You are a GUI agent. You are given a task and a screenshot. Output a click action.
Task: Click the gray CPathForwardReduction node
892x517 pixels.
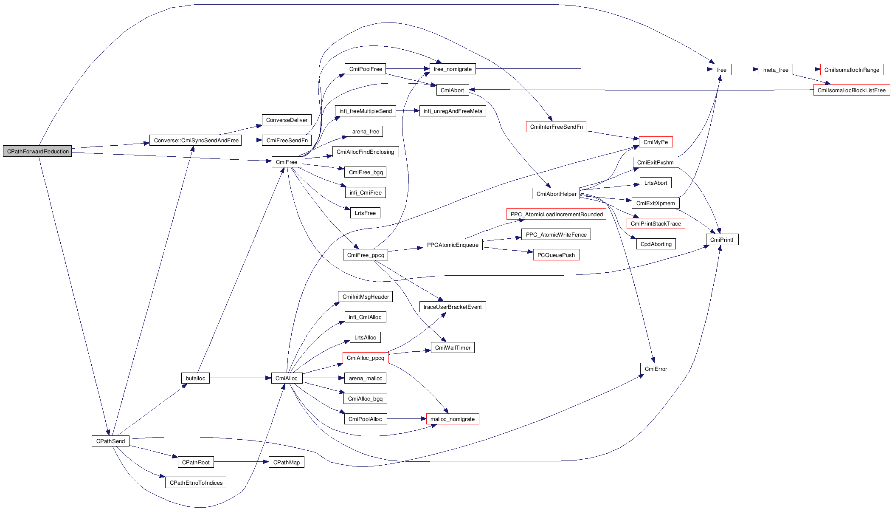pyautogui.click(x=37, y=151)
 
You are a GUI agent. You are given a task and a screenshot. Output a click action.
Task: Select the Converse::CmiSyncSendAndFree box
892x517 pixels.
pyautogui.click(x=195, y=140)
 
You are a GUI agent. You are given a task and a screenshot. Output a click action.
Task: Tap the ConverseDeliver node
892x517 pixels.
pyautogui.click(x=287, y=120)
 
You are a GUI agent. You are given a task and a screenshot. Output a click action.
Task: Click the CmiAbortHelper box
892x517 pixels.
pyautogui.click(x=556, y=194)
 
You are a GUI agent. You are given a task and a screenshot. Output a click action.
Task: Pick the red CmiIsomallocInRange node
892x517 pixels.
pyautogui.click(x=851, y=70)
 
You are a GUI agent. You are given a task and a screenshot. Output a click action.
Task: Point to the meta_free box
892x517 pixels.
pyautogui.click(x=775, y=70)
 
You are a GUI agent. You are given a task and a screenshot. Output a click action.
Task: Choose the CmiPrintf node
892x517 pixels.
pyautogui.click(x=722, y=240)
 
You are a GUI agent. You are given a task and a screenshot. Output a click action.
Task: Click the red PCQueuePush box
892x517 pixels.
pyautogui.click(x=556, y=255)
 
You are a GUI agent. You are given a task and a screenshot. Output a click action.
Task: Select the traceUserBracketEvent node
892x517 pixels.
pyautogui.click(x=452, y=307)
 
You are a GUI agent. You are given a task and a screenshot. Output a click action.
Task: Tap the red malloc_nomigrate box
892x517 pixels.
pyautogui.click(x=452, y=419)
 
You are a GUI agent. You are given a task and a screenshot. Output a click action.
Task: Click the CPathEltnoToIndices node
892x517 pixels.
pyautogui.click(x=196, y=483)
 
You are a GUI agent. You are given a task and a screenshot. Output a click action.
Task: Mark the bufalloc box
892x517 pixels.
pyautogui.click(x=195, y=378)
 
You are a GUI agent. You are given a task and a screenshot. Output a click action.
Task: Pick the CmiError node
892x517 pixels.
pyautogui.click(x=656, y=369)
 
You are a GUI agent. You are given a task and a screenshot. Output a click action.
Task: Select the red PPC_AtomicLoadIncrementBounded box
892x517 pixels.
pyautogui.click(x=556, y=214)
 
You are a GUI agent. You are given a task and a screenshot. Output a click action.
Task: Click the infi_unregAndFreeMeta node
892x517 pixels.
pyautogui.click(x=453, y=111)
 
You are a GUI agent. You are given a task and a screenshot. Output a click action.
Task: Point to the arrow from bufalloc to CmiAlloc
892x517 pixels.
pyautogui.click(x=240, y=378)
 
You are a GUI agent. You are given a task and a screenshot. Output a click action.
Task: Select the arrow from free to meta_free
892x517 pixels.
pyautogui.click(x=745, y=69)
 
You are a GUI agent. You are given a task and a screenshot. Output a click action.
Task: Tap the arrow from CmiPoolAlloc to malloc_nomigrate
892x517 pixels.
pyautogui.click(x=406, y=419)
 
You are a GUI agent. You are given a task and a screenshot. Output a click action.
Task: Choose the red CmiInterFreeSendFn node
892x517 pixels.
pyautogui.click(x=556, y=127)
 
